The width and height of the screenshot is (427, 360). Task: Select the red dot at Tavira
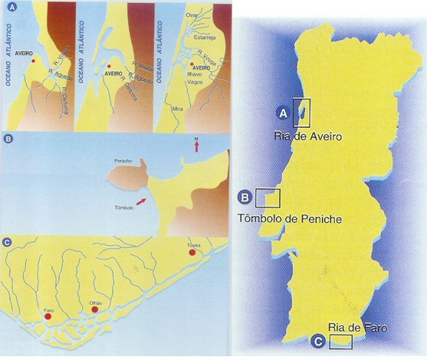click(192, 253)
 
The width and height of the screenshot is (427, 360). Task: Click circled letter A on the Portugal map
click(282, 113)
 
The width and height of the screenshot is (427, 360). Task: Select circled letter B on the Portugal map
click(244, 198)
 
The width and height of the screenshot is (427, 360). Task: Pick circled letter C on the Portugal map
click(317, 342)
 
